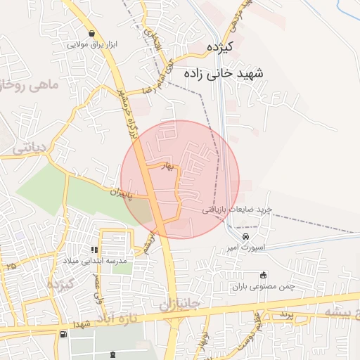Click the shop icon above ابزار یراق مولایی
tap(92, 33)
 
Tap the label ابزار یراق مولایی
tap(92, 44)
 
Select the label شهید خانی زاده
tap(224, 72)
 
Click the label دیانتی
tap(29, 147)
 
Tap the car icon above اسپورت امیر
tap(245, 238)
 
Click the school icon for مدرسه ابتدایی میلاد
tap(94, 250)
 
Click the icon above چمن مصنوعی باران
tap(264, 276)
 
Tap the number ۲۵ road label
tap(10, 266)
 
